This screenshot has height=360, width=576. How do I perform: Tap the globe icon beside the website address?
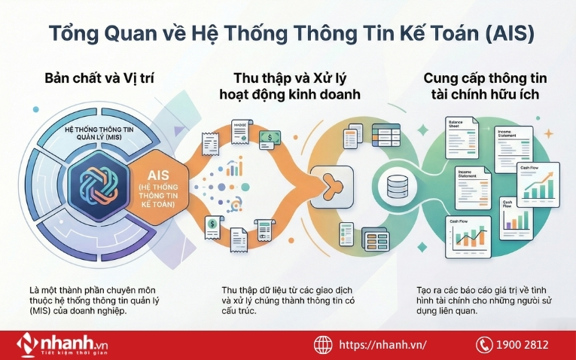323,345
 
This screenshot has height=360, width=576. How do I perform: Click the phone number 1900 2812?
522,345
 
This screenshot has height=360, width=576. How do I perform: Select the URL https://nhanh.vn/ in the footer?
382,345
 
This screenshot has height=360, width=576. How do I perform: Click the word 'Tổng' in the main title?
70,34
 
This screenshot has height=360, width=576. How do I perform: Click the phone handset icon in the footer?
483,345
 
